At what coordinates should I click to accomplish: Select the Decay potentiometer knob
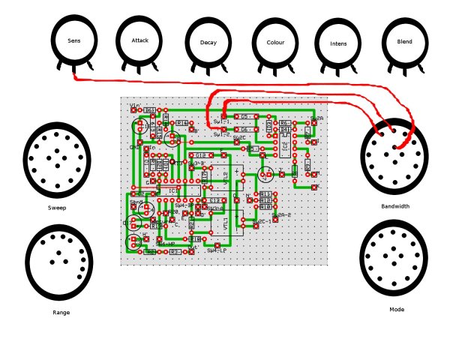click(x=208, y=43)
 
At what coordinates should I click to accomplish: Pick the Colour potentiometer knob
click(x=275, y=43)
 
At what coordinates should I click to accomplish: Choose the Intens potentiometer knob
click(x=338, y=43)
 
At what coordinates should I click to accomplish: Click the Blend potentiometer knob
click(x=404, y=42)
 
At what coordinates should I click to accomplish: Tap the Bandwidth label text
click(x=395, y=205)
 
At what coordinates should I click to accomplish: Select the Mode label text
click(x=397, y=309)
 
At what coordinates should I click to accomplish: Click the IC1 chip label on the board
click(x=173, y=190)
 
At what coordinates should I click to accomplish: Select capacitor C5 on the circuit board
click(x=245, y=117)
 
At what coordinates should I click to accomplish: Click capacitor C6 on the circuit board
click(x=245, y=129)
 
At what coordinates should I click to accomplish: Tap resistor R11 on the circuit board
click(x=266, y=194)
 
